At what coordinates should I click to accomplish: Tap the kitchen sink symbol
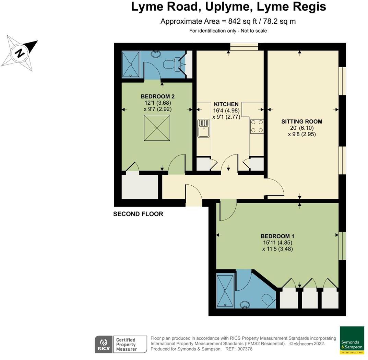pyautogui.click(x=203, y=128)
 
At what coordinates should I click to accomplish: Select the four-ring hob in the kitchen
pyautogui.click(x=257, y=126)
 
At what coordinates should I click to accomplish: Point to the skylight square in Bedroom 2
pyautogui.click(x=157, y=128)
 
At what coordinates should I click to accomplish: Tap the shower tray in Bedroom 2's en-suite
pyautogui.click(x=131, y=64)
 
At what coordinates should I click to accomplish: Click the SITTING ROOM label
pyautogui.click(x=302, y=121)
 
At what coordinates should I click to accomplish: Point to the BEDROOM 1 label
pyautogui.click(x=277, y=236)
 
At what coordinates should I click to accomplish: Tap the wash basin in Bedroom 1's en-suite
pyautogui.click(x=245, y=304)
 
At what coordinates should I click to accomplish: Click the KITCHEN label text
pyautogui.click(x=226, y=104)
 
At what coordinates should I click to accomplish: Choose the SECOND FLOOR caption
pyautogui.click(x=138, y=214)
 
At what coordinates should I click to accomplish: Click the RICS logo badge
pyautogui.click(x=103, y=344)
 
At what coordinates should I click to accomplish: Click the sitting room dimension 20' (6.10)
pyautogui.click(x=302, y=128)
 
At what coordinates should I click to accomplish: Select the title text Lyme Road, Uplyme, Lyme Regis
pyautogui.click(x=228, y=7)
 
